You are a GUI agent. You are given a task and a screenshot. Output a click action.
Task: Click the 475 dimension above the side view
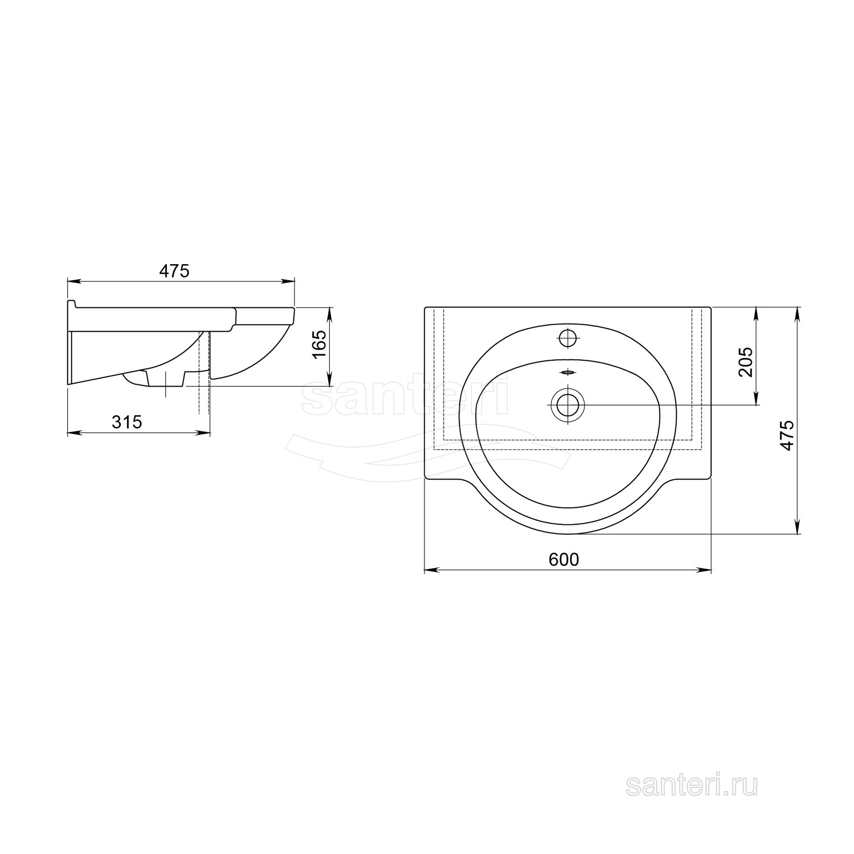tap(174, 271)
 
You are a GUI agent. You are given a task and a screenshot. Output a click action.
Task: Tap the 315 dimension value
tap(127, 423)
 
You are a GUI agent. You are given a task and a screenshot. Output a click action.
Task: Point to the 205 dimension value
tap(745, 362)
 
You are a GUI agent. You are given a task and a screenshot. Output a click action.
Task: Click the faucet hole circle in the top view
tap(568, 338)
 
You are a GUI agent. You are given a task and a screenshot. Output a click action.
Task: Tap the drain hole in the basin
tap(568, 405)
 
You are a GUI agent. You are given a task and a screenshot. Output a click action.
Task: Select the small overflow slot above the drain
tap(567, 372)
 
